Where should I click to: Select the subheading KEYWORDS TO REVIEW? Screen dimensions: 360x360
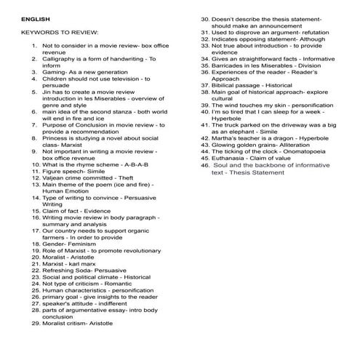pyautogui.click(x=60, y=33)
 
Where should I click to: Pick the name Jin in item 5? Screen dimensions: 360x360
pyautogui.click(x=48, y=94)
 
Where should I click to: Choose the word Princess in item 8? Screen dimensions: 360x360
pyautogui.click(x=57, y=137)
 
